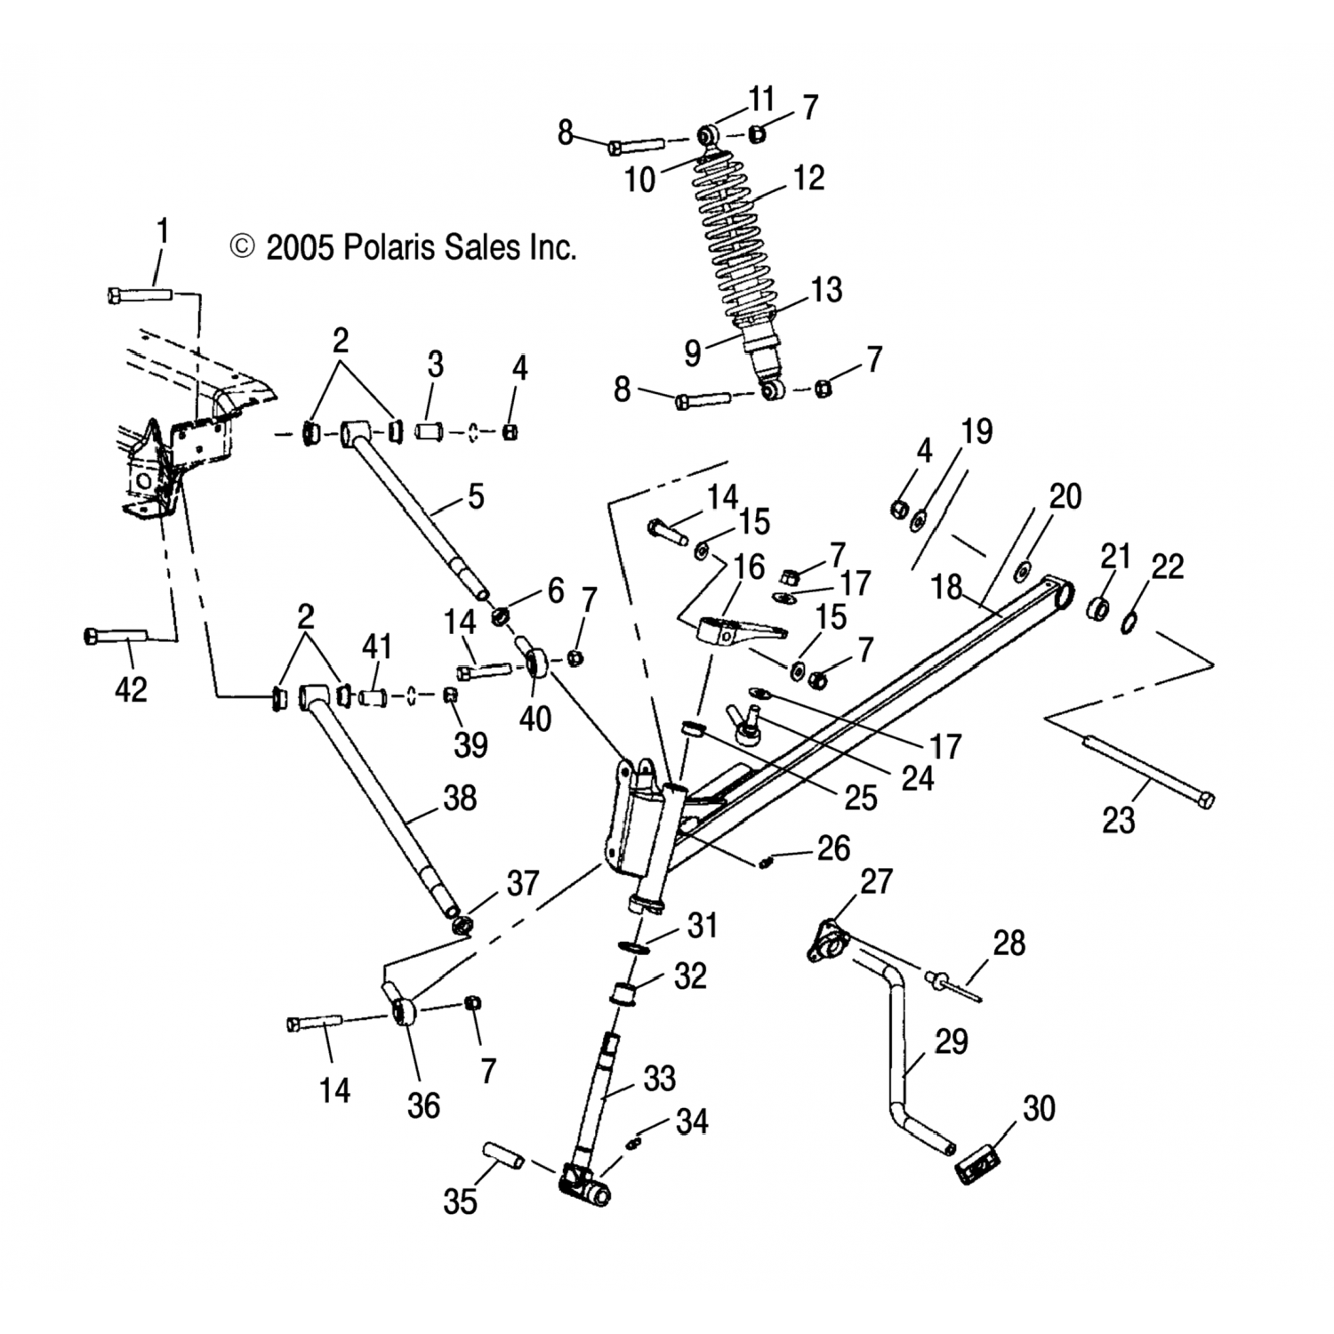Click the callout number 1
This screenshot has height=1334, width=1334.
click(162, 233)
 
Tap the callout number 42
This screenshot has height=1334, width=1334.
click(131, 689)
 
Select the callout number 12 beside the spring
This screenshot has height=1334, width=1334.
click(808, 178)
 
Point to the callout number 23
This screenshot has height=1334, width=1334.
click(1118, 820)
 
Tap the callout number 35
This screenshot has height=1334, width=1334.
click(461, 1201)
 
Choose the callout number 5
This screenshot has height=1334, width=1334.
click(476, 496)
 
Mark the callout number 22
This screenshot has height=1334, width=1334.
click(1167, 567)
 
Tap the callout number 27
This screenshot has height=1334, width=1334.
click(876, 881)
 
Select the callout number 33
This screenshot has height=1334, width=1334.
click(660, 1079)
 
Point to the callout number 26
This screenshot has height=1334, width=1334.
click(833, 848)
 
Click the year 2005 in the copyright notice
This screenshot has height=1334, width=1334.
click(300, 247)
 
